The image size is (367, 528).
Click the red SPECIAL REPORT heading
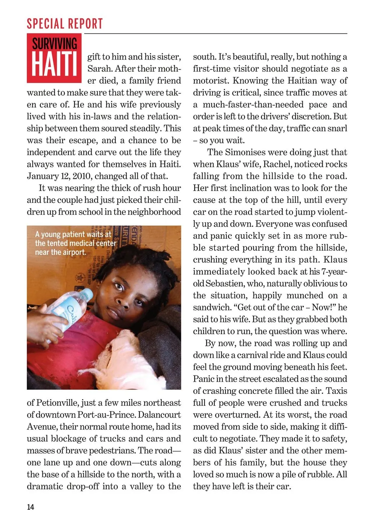click(x=65, y=24)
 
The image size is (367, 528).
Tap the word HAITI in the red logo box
click(x=54, y=64)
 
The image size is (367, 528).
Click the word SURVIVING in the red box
click(x=54, y=43)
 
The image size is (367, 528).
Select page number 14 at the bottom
click(x=30, y=507)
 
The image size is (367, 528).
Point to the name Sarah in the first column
click(x=99, y=69)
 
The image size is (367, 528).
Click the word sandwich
click(x=212, y=308)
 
